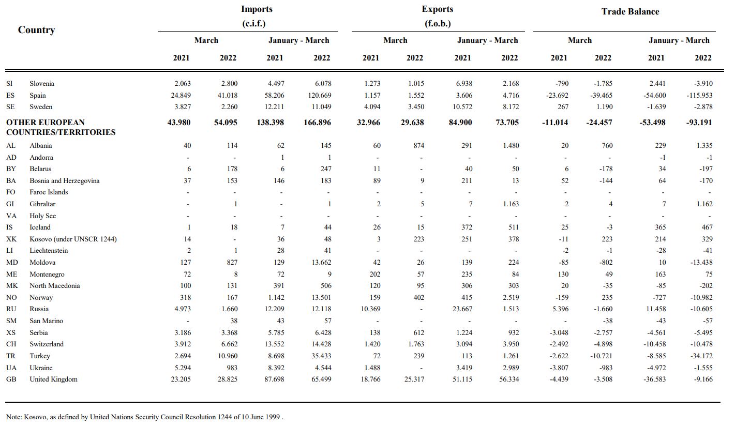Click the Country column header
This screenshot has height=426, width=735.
tap(36, 30)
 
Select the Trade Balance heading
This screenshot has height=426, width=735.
tap(630, 11)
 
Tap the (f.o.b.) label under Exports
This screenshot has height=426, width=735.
tap(437, 23)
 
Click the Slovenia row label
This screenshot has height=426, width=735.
tap(42, 83)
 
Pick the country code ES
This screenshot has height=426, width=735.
tap(10, 95)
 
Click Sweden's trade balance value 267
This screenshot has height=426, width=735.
tap(563, 107)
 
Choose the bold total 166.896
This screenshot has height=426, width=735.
tap(317, 123)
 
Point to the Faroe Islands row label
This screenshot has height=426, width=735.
tap(49, 192)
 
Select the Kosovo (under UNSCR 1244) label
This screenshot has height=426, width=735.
tap(73, 239)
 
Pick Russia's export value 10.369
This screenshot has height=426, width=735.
tap(370, 309)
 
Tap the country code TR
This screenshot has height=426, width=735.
tap(11, 356)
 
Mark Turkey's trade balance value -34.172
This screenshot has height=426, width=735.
tap(701, 356)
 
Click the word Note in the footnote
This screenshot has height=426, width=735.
tap(13, 417)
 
